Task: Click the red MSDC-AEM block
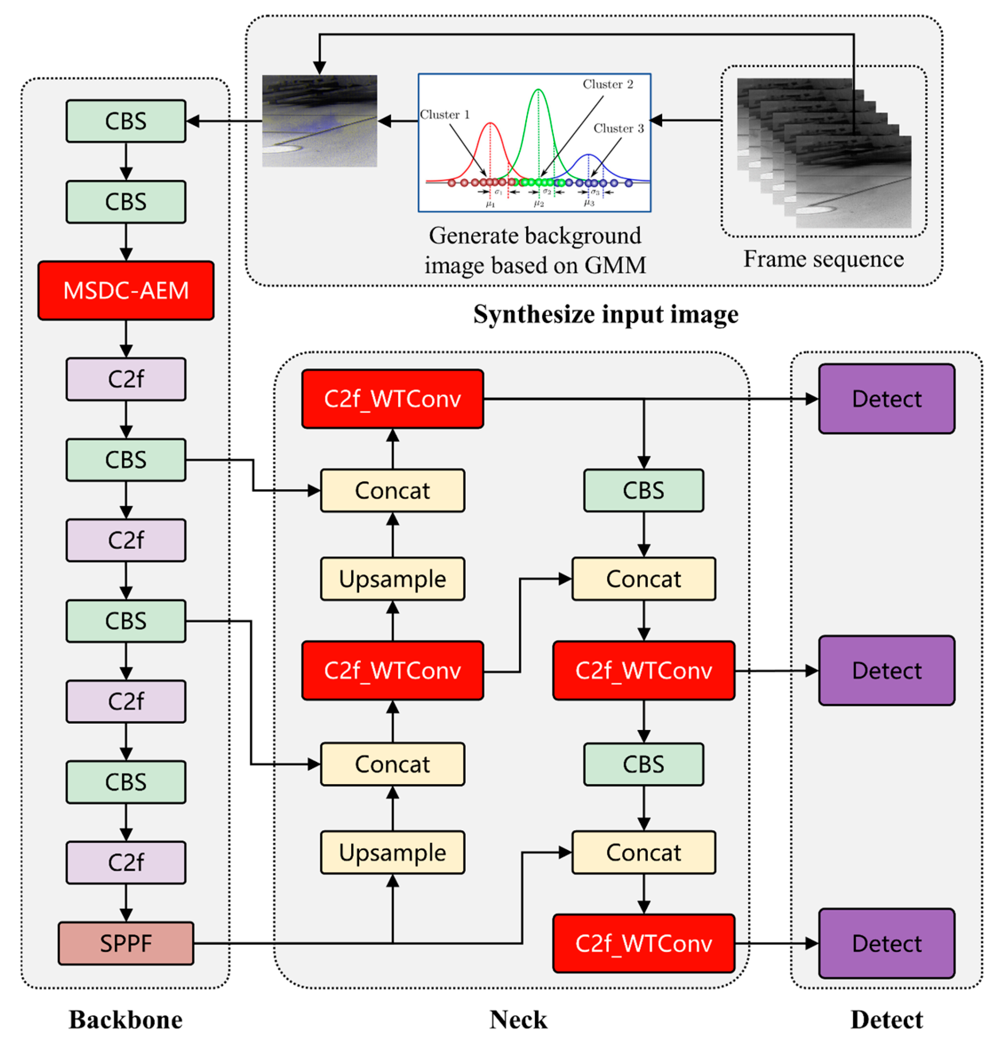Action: click(x=126, y=290)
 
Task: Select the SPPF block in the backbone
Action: click(x=126, y=943)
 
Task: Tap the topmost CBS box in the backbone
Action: click(x=126, y=121)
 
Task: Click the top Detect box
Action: click(x=886, y=398)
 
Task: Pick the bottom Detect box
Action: click(x=886, y=943)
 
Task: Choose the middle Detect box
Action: click(x=886, y=671)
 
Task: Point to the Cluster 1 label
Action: click(x=445, y=114)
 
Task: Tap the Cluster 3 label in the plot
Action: click(x=619, y=128)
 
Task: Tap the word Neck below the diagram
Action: click(x=518, y=1019)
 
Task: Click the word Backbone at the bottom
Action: click(x=126, y=1019)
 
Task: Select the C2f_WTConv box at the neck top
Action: click(x=392, y=398)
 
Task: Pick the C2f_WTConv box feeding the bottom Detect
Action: click(x=644, y=943)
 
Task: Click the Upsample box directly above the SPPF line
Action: click(x=392, y=853)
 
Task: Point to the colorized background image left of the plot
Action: click(x=319, y=121)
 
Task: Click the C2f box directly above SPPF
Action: click(x=126, y=862)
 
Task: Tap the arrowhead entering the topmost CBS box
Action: click(x=192, y=121)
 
